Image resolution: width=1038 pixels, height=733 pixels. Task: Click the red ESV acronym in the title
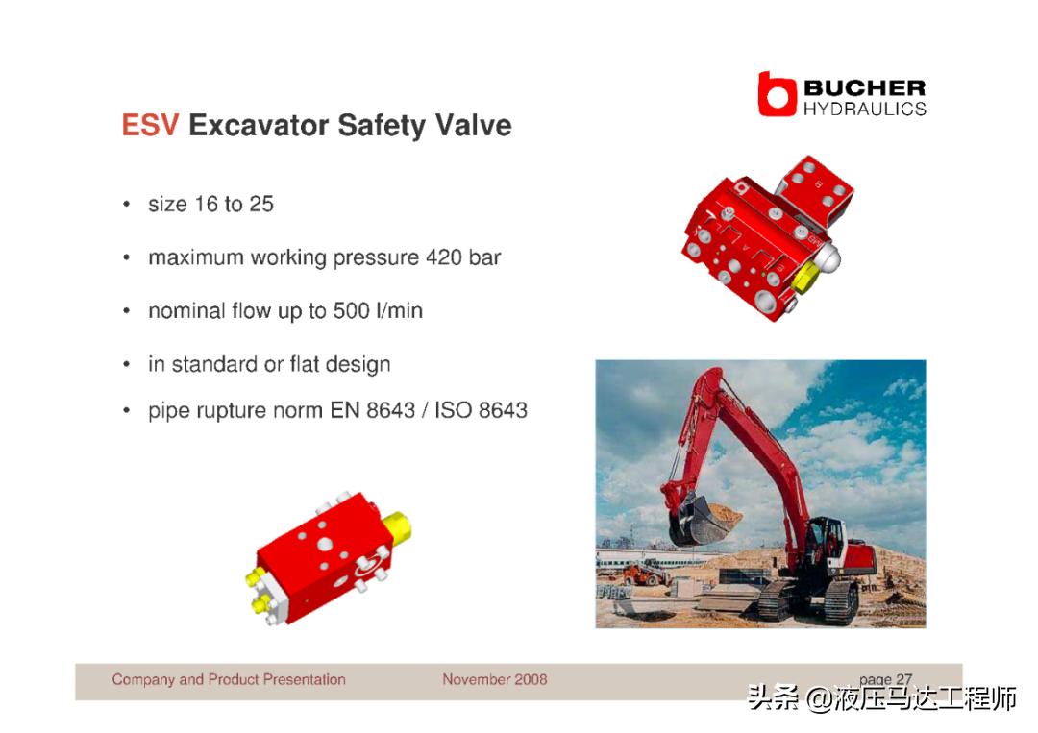[x=150, y=125]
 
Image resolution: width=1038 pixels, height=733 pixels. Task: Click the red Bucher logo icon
[x=777, y=94]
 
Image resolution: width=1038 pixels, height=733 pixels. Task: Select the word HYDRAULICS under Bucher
[x=865, y=110]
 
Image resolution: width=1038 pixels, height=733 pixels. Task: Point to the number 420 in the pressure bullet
[x=443, y=257]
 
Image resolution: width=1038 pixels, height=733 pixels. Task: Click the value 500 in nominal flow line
[x=351, y=310]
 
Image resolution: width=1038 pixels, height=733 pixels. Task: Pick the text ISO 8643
[x=482, y=410]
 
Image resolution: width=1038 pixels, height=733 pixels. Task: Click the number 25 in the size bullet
[x=261, y=204]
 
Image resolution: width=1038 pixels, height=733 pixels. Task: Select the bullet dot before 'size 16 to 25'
[x=127, y=205]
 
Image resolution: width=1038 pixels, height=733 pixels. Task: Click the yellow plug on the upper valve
[x=804, y=276]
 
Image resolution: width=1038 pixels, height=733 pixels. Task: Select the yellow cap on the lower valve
[x=396, y=527]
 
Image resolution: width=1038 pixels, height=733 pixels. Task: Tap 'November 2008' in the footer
[x=495, y=679]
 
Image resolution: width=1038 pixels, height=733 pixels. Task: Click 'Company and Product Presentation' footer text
[x=229, y=679]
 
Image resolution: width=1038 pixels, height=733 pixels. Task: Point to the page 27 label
[x=886, y=679]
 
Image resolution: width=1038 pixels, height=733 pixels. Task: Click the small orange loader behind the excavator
[x=646, y=573]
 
